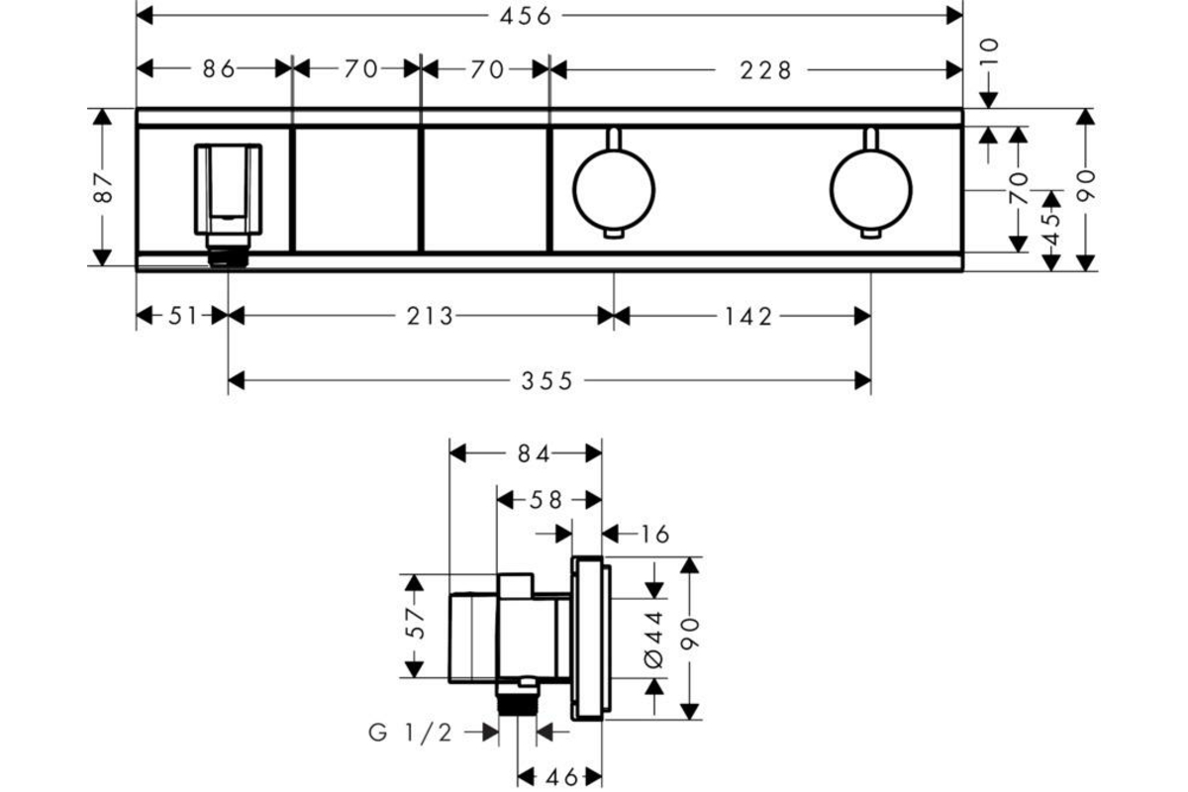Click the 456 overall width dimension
click(x=525, y=17)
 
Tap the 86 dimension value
click(x=219, y=69)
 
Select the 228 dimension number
click(x=765, y=70)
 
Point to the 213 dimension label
click(x=430, y=317)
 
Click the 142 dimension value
click(x=747, y=317)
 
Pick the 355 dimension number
click(x=546, y=381)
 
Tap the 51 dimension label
click(x=183, y=316)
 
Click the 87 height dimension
click(x=103, y=188)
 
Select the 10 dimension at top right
click(x=989, y=51)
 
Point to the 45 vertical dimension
click(x=1051, y=229)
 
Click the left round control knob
click(x=614, y=190)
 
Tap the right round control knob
click(x=871, y=190)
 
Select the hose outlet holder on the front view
click(x=228, y=204)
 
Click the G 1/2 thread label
click(x=410, y=734)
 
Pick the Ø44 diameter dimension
click(x=654, y=640)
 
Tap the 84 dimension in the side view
click(x=534, y=454)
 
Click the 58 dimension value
click(x=546, y=500)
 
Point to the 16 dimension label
click(x=655, y=535)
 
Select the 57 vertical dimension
click(x=415, y=623)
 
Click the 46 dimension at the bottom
click(x=561, y=778)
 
